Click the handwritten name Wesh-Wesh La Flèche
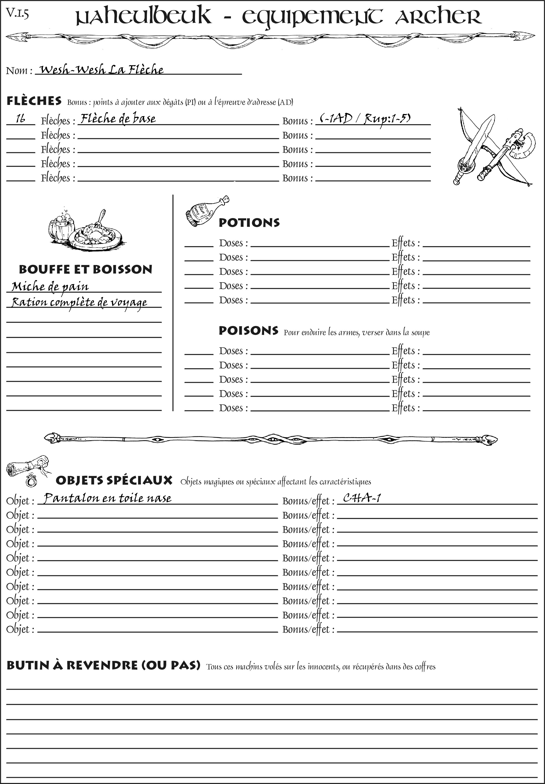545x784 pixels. [101, 70]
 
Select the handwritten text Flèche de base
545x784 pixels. [118, 119]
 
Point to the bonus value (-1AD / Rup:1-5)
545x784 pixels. [365, 119]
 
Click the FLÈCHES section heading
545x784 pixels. [34, 101]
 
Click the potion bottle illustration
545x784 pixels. [207, 211]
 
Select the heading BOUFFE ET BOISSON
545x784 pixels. [85, 270]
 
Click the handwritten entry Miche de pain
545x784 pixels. [50, 287]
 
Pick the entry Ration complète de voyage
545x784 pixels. [79, 302]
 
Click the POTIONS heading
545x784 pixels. [249, 223]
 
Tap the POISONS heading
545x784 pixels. [248, 331]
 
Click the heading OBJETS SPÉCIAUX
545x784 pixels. [114, 480]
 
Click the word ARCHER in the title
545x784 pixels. [438, 17]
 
